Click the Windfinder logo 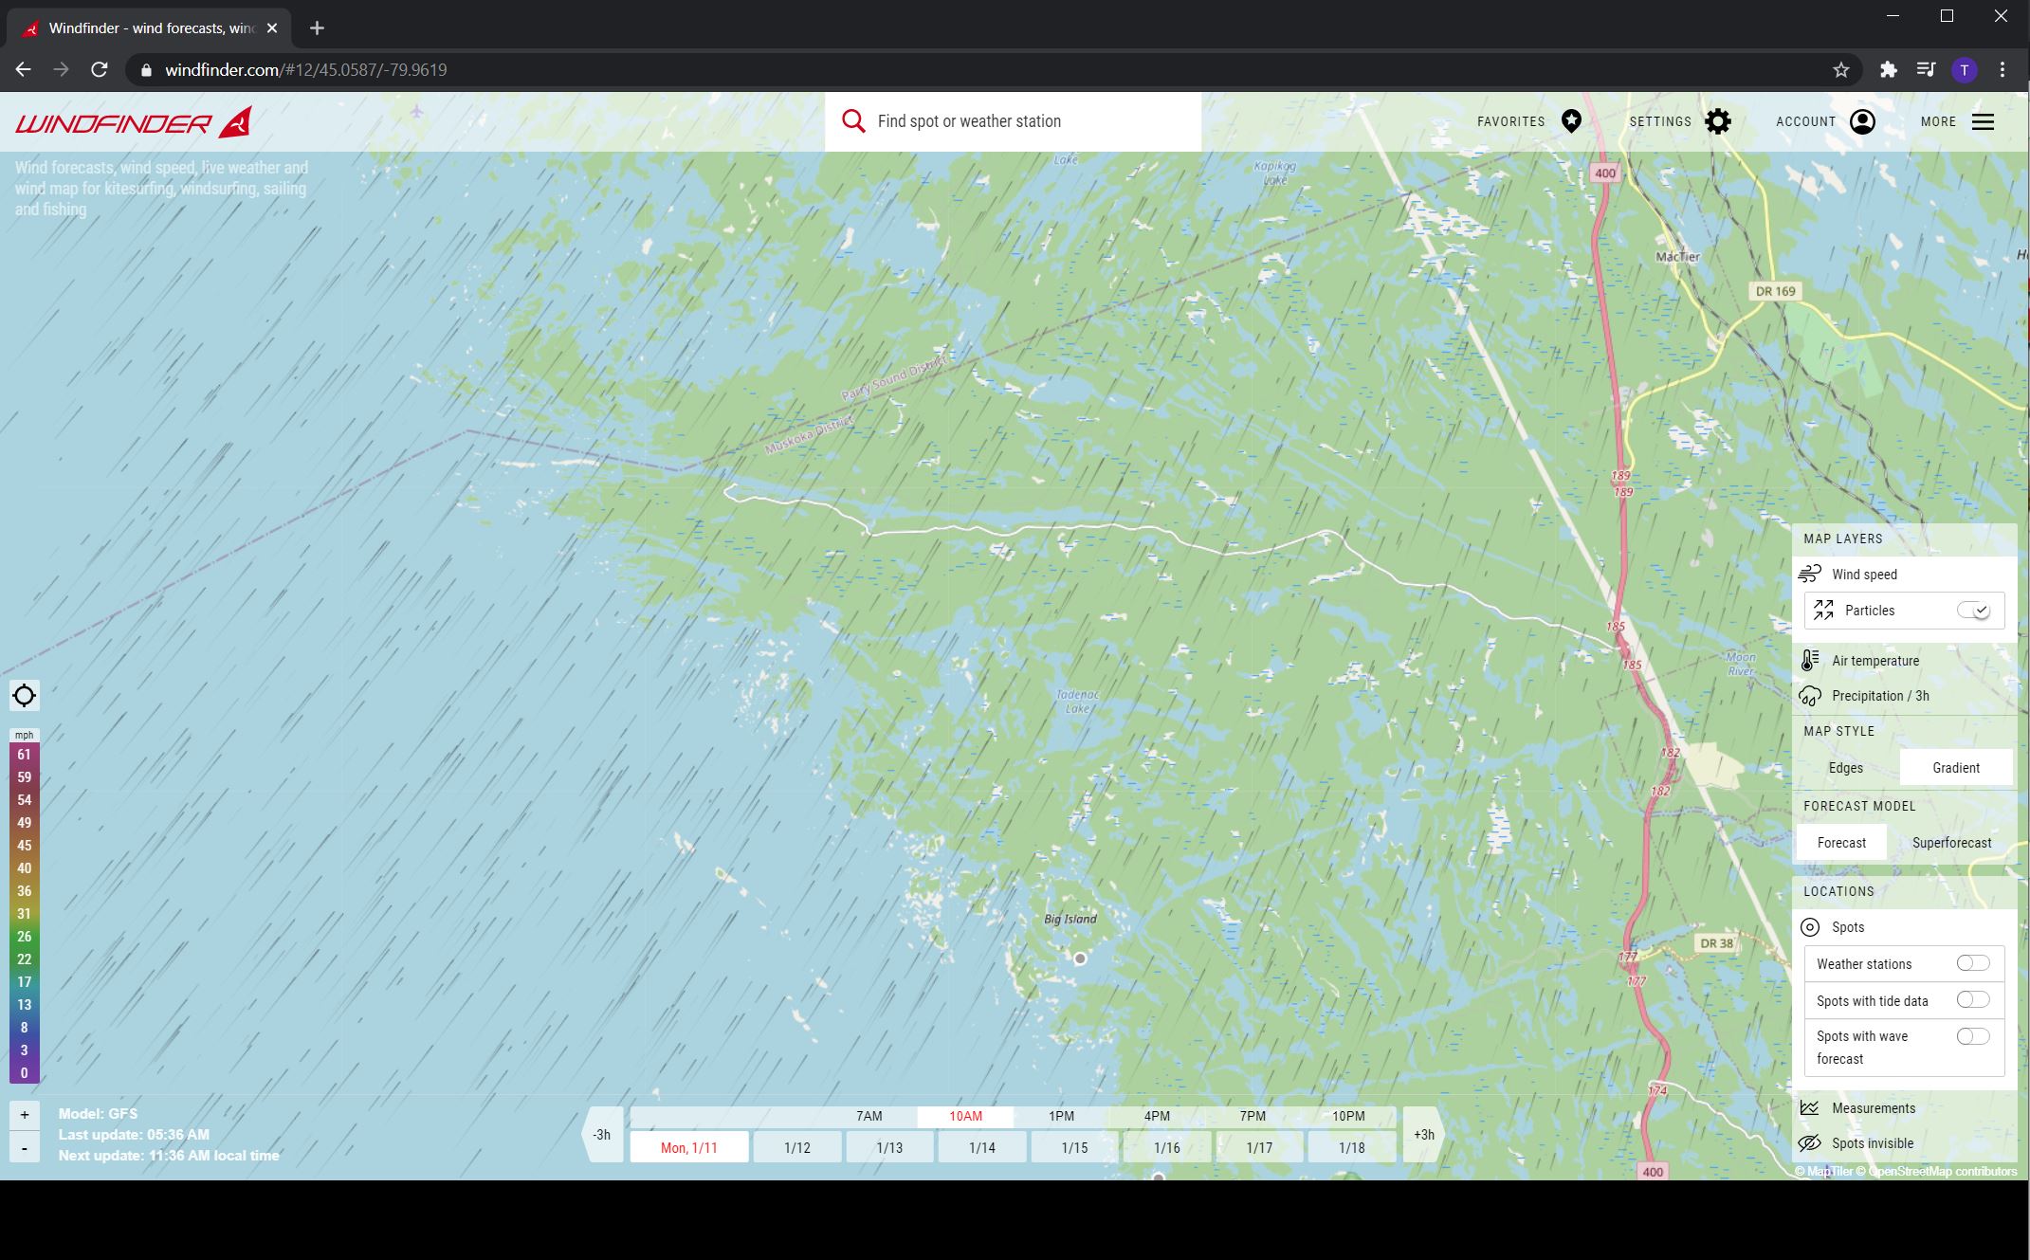pos(134,122)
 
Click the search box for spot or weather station pos(1012,121)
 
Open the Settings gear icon pos(1717,121)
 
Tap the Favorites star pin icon pos(1571,121)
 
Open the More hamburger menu pos(1983,121)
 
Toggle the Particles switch pos(1973,611)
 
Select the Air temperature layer pos(1875,661)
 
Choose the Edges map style pos(1845,768)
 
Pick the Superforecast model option pos(1951,843)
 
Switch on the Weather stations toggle pos(1972,963)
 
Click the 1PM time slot pos(1061,1116)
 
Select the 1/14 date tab pos(981,1148)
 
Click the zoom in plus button pos(25,1115)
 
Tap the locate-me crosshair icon pos(25,696)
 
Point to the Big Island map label pos(1070,919)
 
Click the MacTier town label pos(1677,257)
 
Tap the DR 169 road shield pos(1775,291)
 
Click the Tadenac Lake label pos(1077,702)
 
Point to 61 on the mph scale pos(25,755)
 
